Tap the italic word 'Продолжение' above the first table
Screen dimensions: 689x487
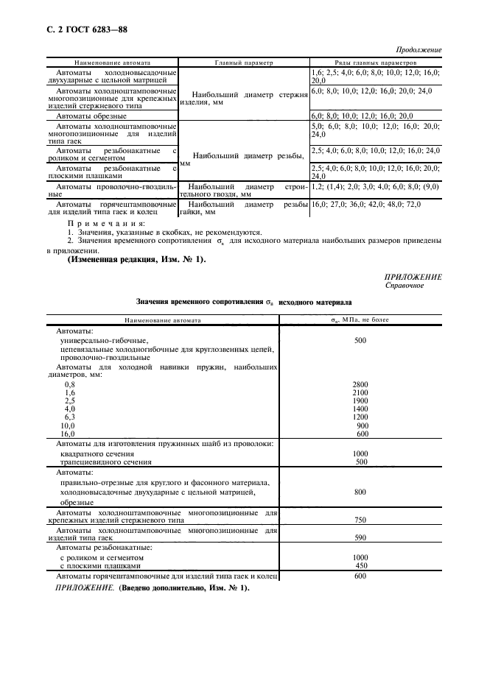pyautogui.click(x=419, y=50)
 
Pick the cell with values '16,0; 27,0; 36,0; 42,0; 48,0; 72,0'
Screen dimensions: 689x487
pyautogui.click(x=365, y=204)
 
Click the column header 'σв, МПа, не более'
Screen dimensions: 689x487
pyautogui.click(x=360, y=320)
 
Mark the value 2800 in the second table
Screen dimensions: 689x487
pyautogui.click(x=360, y=384)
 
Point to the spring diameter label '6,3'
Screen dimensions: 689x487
pyautogui.click(x=70, y=417)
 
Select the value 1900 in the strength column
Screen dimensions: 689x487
pyautogui.click(x=360, y=400)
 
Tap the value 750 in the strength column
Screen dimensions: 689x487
pyautogui.click(x=360, y=520)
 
